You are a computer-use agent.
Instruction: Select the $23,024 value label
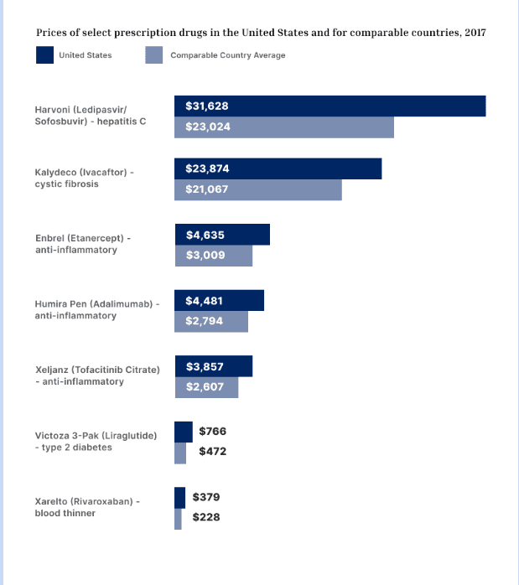208,127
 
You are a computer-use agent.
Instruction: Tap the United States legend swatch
44,55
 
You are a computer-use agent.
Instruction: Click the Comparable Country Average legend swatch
154,55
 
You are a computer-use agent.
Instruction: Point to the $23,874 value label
207,168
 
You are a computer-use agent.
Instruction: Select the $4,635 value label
205,235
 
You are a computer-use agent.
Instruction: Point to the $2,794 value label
205,321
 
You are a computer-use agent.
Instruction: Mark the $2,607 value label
205,386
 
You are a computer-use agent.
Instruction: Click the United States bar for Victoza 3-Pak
184,432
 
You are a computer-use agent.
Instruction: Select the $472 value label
212,452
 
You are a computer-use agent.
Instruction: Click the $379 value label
206,497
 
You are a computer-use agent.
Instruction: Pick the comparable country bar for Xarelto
178,519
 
